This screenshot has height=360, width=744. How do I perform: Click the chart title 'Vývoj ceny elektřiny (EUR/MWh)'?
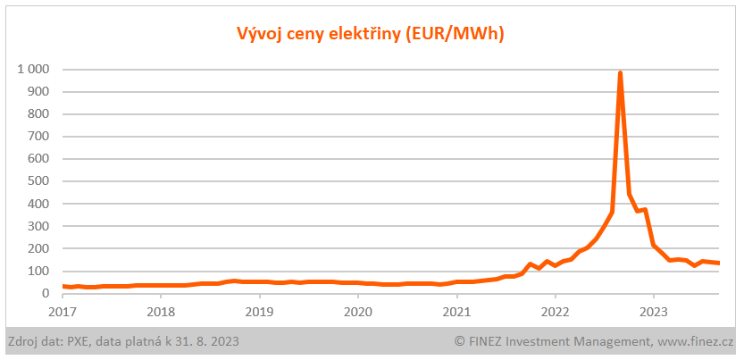371,35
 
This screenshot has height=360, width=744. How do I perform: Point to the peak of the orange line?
620,73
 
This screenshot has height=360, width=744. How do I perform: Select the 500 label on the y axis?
38,181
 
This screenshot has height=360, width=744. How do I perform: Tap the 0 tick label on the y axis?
45,294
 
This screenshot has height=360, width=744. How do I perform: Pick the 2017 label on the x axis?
63,312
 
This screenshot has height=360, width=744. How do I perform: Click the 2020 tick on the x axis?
357,312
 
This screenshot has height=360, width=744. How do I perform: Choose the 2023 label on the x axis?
653,312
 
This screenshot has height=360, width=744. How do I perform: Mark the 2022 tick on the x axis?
555,312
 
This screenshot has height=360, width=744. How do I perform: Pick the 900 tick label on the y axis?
38,91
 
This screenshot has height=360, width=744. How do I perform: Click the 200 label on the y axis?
38,248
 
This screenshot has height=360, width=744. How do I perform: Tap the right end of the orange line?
719,264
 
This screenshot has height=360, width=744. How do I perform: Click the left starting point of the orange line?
63,286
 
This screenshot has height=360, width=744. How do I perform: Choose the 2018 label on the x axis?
161,312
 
